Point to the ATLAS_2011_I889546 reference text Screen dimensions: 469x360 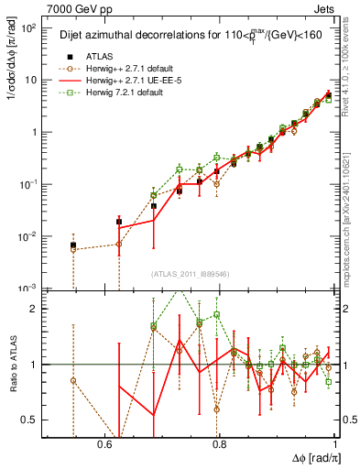click(x=191, y=274)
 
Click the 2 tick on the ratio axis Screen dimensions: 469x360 click(x=37, y=309)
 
